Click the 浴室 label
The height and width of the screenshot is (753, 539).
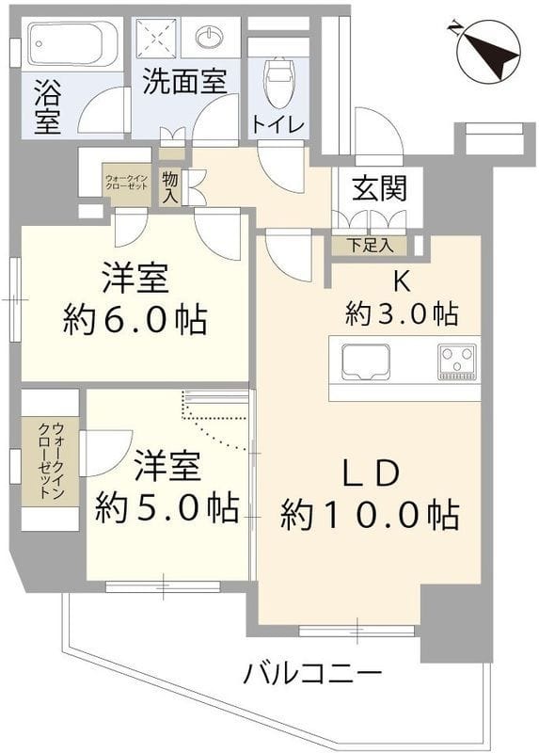point(48,108)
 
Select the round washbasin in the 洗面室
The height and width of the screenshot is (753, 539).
point(210,38)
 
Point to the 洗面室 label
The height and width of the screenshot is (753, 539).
point(183,82)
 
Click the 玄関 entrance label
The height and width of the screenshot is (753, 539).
point(380,188)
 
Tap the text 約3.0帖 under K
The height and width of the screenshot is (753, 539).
point(402,313)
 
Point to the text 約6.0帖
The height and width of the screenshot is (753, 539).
point(135,321)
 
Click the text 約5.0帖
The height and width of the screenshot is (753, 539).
point(166,508)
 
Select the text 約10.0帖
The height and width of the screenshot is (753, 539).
point(370,514)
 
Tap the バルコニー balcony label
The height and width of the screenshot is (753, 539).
point(313,674)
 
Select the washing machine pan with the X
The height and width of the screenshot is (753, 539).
point(159,39)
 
